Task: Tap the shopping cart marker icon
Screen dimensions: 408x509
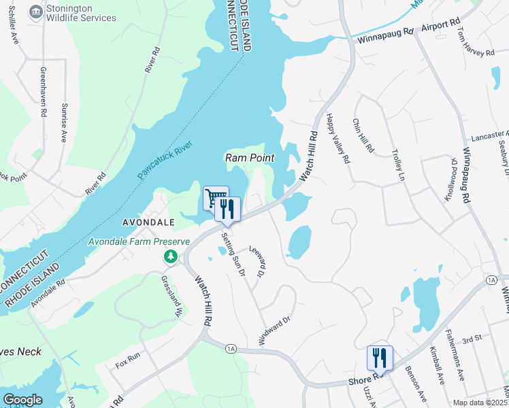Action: [x=215, y=199]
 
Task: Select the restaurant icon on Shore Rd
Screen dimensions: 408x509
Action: [x=380, y=358]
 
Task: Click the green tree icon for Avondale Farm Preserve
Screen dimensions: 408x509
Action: [x=170, y=256]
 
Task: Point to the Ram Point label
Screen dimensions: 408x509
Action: [x=250, y=158]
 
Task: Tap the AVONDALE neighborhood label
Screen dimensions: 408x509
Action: [x=149, y=222]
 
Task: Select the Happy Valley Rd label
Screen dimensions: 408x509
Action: [x=338, y=139]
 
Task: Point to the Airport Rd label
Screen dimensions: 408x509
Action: [x=440, y=26]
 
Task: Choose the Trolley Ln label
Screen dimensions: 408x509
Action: [x=397, y=165]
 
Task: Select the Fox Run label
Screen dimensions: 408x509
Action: [x=127, y=356]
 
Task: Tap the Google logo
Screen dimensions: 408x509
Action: [x=22, y=399]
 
